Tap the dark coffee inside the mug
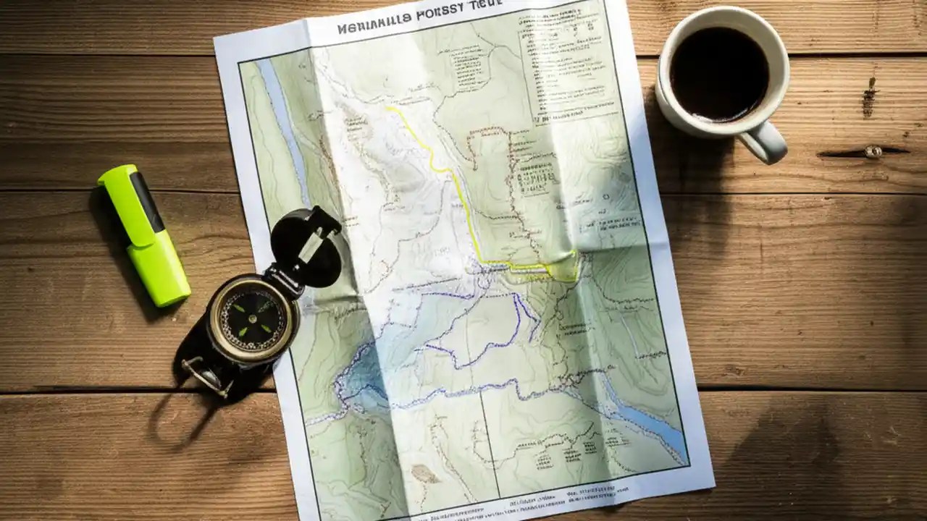719,73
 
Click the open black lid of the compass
306,247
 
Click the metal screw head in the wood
873,151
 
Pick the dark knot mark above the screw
868,98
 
